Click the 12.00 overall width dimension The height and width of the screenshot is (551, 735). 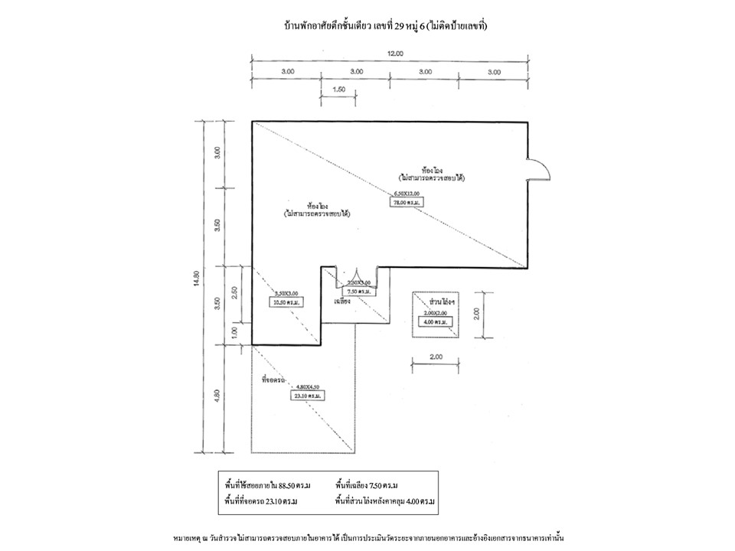pyautogui.click(x=394, y=54)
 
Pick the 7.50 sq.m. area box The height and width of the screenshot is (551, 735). pyautogui.click(x=360, y=292)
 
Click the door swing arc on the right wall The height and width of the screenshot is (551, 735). pyautogui.click(x=537, y=169)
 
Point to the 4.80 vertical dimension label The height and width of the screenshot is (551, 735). pyautogui.click(x=217, y=396)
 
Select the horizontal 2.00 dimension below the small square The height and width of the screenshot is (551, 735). pyautogui.click(x=435, y=357)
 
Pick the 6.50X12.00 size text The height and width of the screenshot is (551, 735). pyautogui.click(x=407, y=194)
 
